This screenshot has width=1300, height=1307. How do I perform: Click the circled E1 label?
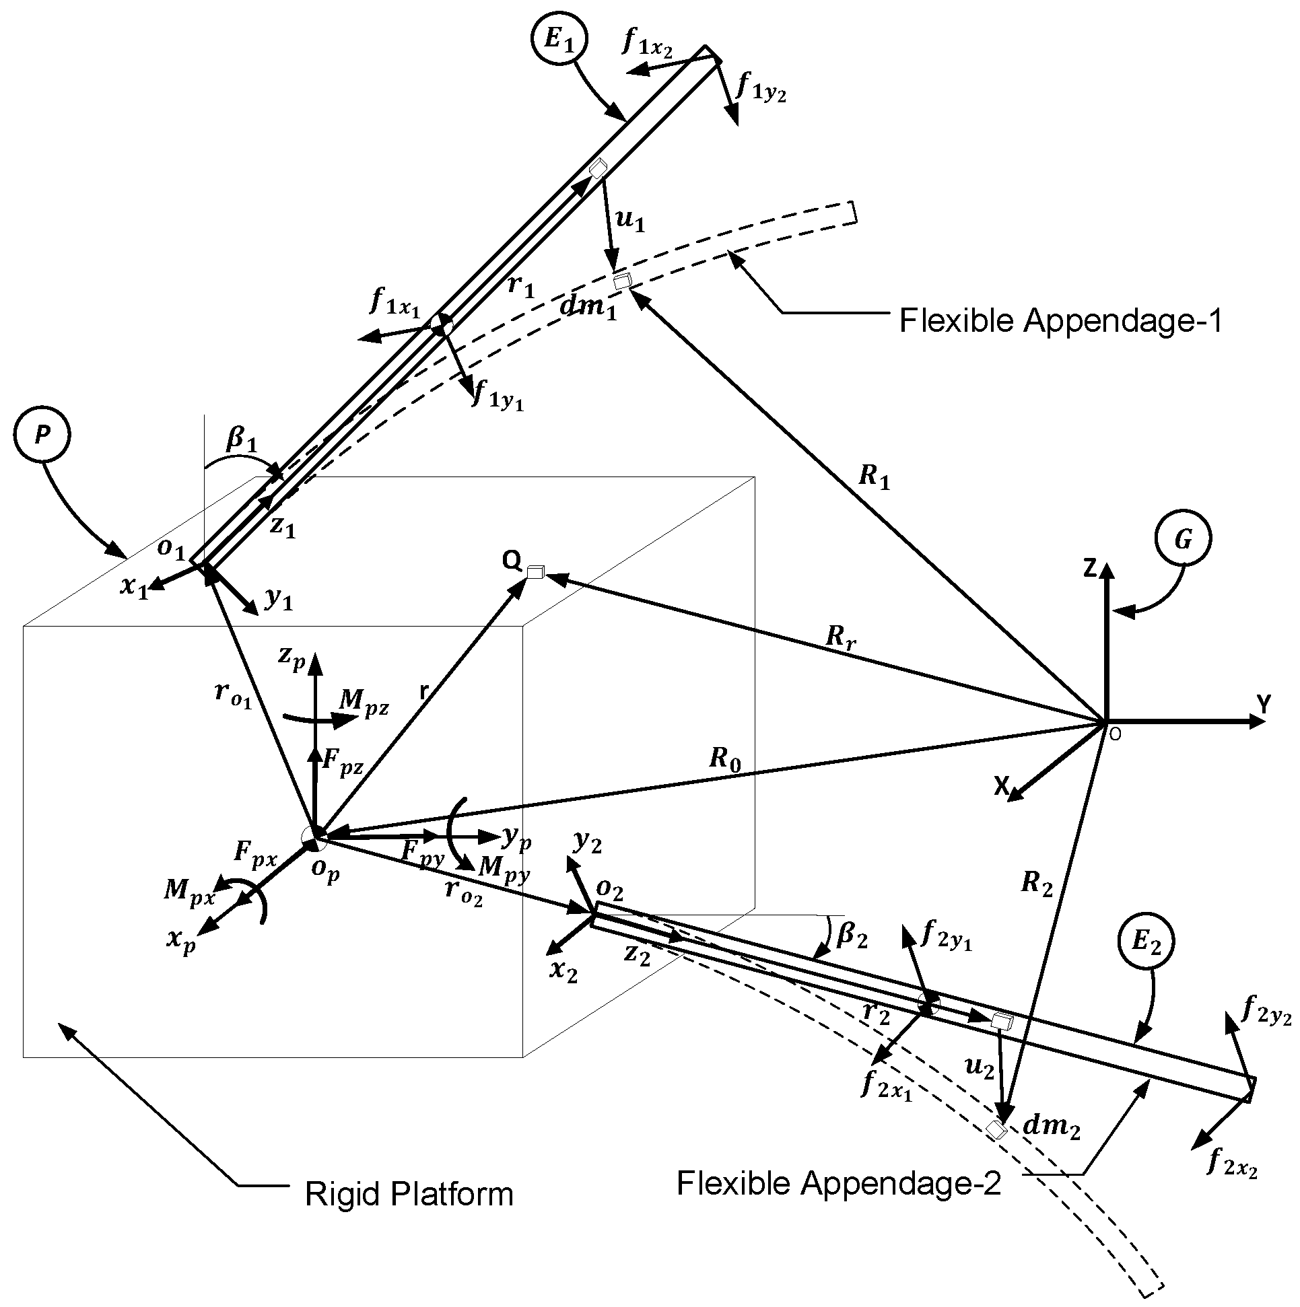(x=559, y=40)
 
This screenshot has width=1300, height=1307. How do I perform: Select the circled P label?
(x=42, y=435)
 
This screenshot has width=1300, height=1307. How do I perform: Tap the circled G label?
(x=1184, y=539)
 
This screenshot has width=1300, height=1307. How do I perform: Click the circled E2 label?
(x=1147, y=942)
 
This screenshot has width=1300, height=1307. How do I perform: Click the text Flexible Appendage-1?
(x=1060, y=320)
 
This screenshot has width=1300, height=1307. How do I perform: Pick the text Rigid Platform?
(x=409, y=1194)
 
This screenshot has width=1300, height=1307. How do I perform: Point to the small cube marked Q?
(x=535, y=572)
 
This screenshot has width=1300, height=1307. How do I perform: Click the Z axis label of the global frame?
(x=1089, y=569)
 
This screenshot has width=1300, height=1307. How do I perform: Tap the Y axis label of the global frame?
(x=1264, y=704)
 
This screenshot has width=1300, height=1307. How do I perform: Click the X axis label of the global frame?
(x=1001, y=786)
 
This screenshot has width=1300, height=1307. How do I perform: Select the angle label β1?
(x=242, y=440)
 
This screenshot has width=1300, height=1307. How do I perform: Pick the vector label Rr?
(x=840, y=637)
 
